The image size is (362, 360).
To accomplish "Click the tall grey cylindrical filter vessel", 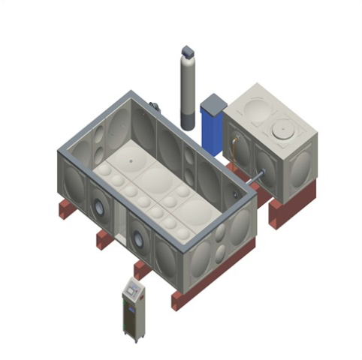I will tap(188, 94).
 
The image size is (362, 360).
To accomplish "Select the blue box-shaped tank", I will tap(213, 127).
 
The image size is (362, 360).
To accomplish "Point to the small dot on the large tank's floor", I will tap(130, 160).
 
